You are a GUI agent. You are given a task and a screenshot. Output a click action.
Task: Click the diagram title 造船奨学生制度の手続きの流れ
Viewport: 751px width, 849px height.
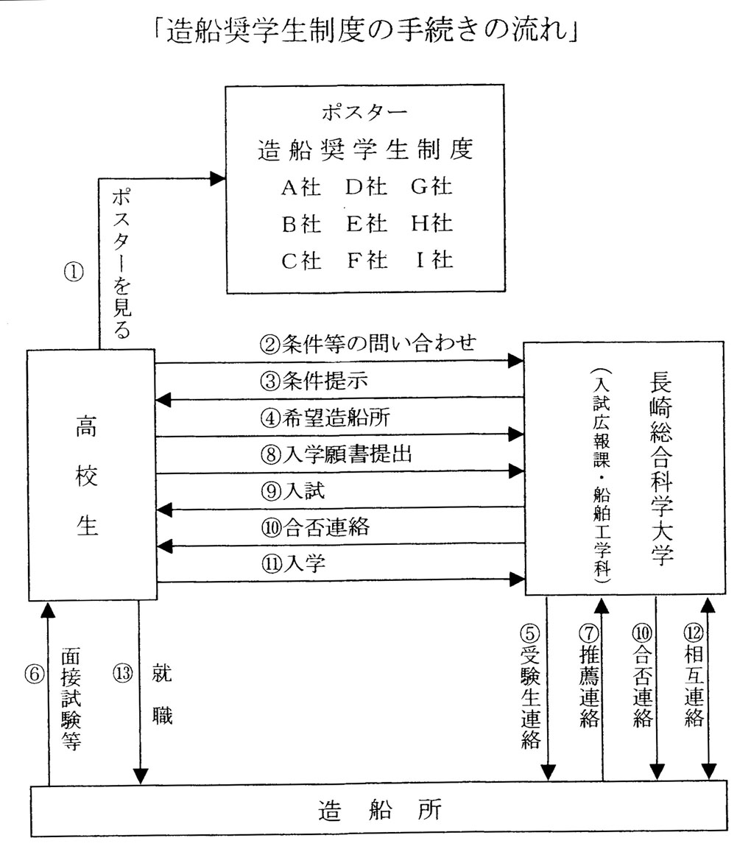click(x=366, y=29)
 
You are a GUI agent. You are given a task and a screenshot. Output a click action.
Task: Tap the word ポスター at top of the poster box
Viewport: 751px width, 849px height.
click(x=364, y=113)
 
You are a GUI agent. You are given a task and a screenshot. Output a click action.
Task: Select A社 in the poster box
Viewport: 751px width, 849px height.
click(x=301, y=187)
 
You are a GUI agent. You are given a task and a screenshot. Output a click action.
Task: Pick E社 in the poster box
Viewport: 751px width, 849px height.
click(x=367, y=224)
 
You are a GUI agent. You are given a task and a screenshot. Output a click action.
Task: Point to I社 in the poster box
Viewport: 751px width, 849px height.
click(x=434, y=260)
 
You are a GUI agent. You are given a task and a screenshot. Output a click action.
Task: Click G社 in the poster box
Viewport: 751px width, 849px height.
click(x=431, y=187)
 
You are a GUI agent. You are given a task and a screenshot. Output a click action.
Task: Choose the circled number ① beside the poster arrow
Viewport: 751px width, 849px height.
click(x=74, y=272)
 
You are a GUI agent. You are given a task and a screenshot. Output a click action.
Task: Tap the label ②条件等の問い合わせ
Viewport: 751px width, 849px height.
click(x=368, y=343)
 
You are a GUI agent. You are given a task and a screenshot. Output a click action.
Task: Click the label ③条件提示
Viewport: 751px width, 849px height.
click(x=314, y=381)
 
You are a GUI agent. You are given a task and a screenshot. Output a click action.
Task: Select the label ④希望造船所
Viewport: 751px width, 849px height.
click(x=325, y=418)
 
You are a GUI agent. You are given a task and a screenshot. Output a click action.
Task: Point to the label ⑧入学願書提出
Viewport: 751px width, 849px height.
click(x=336, y=454)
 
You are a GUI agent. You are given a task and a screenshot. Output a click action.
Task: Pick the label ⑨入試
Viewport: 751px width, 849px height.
click(x=292, y=490)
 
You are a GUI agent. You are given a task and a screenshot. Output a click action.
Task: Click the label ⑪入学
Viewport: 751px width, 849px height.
click(x=293, y=563)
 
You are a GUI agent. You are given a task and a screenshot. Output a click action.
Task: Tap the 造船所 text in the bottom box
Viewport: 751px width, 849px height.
click(x=380, y=811)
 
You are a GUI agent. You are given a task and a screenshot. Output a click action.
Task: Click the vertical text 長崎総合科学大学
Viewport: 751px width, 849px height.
click(x=661, y=469)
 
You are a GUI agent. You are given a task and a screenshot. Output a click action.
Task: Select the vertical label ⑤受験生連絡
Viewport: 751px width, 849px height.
click(x=531, y=686)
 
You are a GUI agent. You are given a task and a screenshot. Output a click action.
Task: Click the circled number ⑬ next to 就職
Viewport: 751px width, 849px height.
click(x=123, y=673)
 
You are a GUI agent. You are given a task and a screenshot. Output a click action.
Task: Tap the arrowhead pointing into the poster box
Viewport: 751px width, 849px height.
click(x=218, y=178)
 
